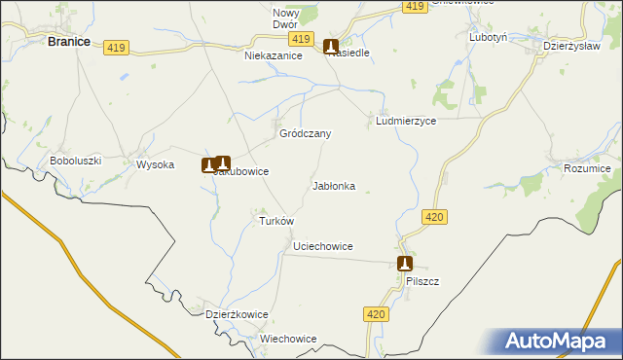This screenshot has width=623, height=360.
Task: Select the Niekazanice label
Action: tap(274, 56)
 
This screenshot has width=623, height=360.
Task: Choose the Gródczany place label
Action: tap(306, 133)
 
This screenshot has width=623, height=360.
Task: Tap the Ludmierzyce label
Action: tap(406, 122)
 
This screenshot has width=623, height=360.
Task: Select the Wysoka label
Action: tap(155, 164)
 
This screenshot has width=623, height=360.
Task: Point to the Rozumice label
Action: tap(586, 168)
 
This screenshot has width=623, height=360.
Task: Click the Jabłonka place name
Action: tap(334, 185)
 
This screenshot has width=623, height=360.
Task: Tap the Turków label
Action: tap(275, 221)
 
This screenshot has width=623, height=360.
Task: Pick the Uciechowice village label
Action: tap(323, 247)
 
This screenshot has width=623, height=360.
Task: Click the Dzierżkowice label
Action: tap(237, 314)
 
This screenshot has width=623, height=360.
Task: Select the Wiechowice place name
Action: tap(289, 339)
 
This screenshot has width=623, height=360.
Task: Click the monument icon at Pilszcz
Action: tap(405, 263)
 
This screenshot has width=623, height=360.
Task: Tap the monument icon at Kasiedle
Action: tap(331, 45)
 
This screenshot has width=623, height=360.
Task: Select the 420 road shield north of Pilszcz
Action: tap(435, 217)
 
